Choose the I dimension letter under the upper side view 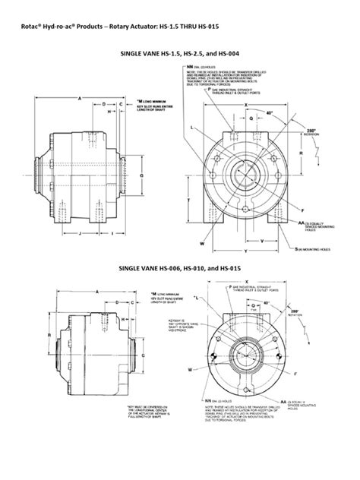tap(112, 233)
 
